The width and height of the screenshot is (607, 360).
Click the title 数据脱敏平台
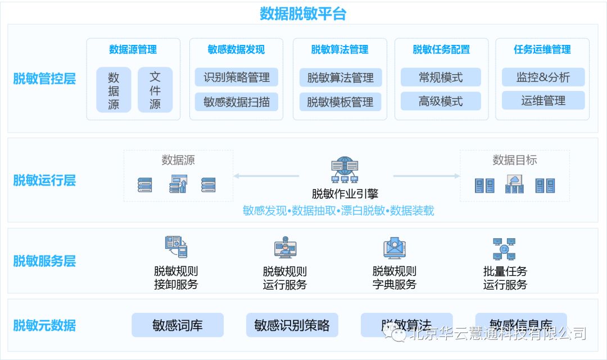click(303, 13)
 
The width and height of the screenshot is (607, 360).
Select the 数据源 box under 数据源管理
click(114, 90)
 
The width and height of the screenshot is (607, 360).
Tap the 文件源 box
click(155, 90)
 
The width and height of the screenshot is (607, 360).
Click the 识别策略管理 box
click(237, 78)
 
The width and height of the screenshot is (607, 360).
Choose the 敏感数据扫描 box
click(237, 102)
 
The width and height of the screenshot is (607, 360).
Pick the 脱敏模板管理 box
click(340, 102)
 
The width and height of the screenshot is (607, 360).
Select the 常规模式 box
click(441, 78)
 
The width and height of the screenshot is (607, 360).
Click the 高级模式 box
click(441, 102)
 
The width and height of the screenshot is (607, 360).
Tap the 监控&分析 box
click(543, 78)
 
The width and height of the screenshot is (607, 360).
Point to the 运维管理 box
click(543, 101)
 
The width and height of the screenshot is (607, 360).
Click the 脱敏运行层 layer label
click(44, 181)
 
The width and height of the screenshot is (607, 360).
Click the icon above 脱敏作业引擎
click(345, 171)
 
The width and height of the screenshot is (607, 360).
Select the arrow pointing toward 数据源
click(266, 176)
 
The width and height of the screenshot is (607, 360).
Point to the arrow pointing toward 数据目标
click(426, 176)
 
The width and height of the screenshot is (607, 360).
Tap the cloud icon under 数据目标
click(514, 184)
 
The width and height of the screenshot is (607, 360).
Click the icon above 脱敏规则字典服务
click(395, 248)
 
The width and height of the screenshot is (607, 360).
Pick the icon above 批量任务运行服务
click(504, 248)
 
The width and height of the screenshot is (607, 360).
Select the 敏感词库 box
click(178, 325)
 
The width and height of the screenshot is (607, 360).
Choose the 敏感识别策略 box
click(292, 325)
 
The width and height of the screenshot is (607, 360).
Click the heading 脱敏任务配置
click(441, 49)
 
